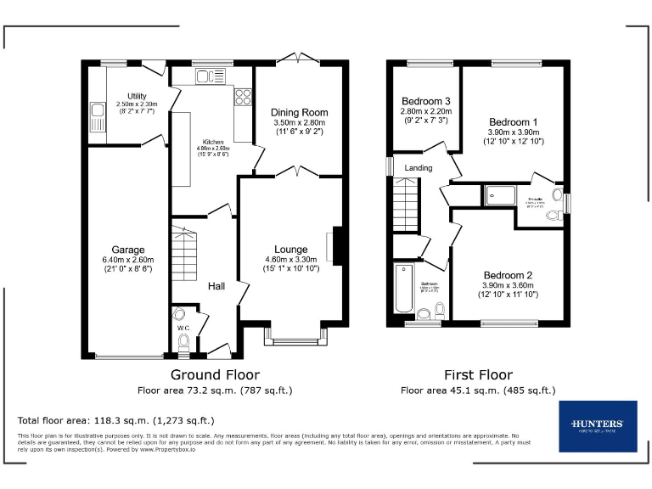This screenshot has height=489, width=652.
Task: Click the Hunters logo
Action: point(598,425)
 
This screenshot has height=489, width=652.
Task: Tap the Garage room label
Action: point(128,250)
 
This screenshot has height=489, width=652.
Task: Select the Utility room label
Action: point(137,96)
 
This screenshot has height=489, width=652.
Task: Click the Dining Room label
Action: point(299,112)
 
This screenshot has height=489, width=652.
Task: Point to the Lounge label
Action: point(290,250)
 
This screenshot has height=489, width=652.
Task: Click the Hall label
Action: point(216,287)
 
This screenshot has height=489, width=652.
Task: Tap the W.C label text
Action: point(183,327)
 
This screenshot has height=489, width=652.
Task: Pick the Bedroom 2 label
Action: point(509,275)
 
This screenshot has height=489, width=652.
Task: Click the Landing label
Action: point(418,167)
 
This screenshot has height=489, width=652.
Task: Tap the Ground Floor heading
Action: point(216,374)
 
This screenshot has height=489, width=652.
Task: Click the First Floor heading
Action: point(478,374)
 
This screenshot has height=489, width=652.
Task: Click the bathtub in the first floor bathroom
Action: point(403,289)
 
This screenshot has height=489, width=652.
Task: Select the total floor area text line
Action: point(116,420)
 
